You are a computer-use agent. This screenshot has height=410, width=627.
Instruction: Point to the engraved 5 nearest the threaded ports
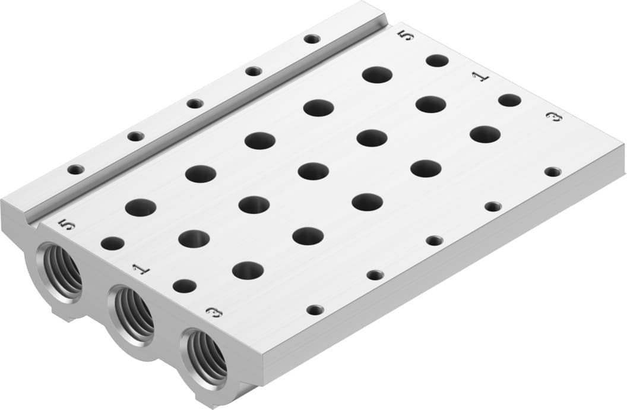(x=68, y=225)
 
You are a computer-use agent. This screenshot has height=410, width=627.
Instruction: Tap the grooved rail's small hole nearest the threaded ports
(x=75, y=169)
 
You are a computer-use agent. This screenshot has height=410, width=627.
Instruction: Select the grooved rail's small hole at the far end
(x=312, y=39)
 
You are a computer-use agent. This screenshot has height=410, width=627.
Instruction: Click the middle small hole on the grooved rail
(x=195, y=103)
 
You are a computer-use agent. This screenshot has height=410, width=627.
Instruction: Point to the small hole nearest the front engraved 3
(x=315, y=310)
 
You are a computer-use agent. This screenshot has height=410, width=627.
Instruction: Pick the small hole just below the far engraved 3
(x=552, y=172)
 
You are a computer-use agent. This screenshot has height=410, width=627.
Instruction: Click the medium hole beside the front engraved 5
(x=112, y=243)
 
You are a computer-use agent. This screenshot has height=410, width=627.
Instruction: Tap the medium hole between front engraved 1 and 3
(x=185, y=286)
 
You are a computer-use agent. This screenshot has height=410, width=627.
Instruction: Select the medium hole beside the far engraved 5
(x=437, y=60)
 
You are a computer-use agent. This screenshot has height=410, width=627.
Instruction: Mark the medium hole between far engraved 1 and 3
(x=509, y=100)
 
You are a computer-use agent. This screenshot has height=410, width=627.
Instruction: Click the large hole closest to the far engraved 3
(x=484, y=134)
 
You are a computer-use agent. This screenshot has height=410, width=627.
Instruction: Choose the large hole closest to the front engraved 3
(x=248, y=270)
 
